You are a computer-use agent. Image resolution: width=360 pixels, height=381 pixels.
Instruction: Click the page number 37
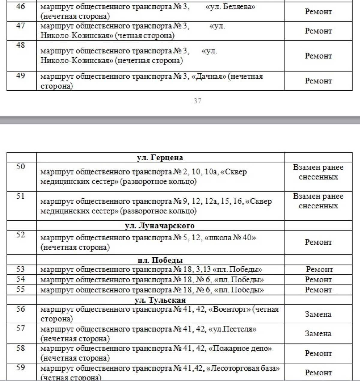coord(197,101)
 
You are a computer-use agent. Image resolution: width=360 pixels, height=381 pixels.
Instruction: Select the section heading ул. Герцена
coord(160,158)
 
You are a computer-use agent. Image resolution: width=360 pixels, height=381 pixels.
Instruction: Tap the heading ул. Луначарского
coord(160,226)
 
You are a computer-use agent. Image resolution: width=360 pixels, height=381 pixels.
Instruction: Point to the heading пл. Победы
coord(160,260)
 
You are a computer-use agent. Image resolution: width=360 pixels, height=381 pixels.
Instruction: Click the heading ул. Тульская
coord(160,300)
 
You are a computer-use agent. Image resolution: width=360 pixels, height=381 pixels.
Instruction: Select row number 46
coord(20,6)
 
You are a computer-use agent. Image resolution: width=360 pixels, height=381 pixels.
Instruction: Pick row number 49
coord(20,76)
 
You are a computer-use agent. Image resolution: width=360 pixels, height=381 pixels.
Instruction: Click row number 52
coord(20,235)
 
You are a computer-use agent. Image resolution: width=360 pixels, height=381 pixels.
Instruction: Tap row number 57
coord(20,328)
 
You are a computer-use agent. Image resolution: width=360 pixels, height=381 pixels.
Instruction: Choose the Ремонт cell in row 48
coord(318,56)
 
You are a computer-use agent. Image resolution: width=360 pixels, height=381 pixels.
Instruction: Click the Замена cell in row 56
coord(318,314)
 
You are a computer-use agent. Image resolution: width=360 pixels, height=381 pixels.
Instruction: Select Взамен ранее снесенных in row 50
coord(318,172)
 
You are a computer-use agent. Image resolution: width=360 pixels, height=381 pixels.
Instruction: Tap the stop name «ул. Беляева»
coord(230,7)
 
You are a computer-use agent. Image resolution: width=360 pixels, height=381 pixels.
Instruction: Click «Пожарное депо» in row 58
coord(240,349)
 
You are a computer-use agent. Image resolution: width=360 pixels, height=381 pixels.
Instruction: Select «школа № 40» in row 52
coord(230,238)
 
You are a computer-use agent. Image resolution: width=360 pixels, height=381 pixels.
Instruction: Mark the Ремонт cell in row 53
coord(319,270)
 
